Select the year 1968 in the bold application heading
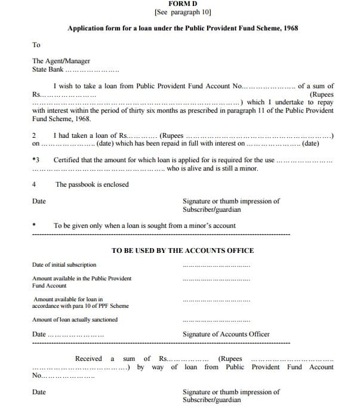click(x=290, y=28)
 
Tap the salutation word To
click(x=36, y=45)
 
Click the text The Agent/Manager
click(x=61, y=61)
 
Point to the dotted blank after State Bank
click(x=95, y=70)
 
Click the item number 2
click(x=34, y=135)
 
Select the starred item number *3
click(x=36, y=160)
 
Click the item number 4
click(x=34, y=185)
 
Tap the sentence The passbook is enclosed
click(x=92, y=185)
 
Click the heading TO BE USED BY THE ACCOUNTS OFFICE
click(x=183, y=251)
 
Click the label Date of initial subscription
click(x=64, y=265)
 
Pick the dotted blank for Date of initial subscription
click(x=217, y=266)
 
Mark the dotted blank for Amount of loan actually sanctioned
click(x=217, y=321)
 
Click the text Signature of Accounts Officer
click(x=226, y=335)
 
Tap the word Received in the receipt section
click(x=88, y=359)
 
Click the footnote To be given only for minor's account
click(x=144, y=226)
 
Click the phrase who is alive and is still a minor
click(x=213, y=169)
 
